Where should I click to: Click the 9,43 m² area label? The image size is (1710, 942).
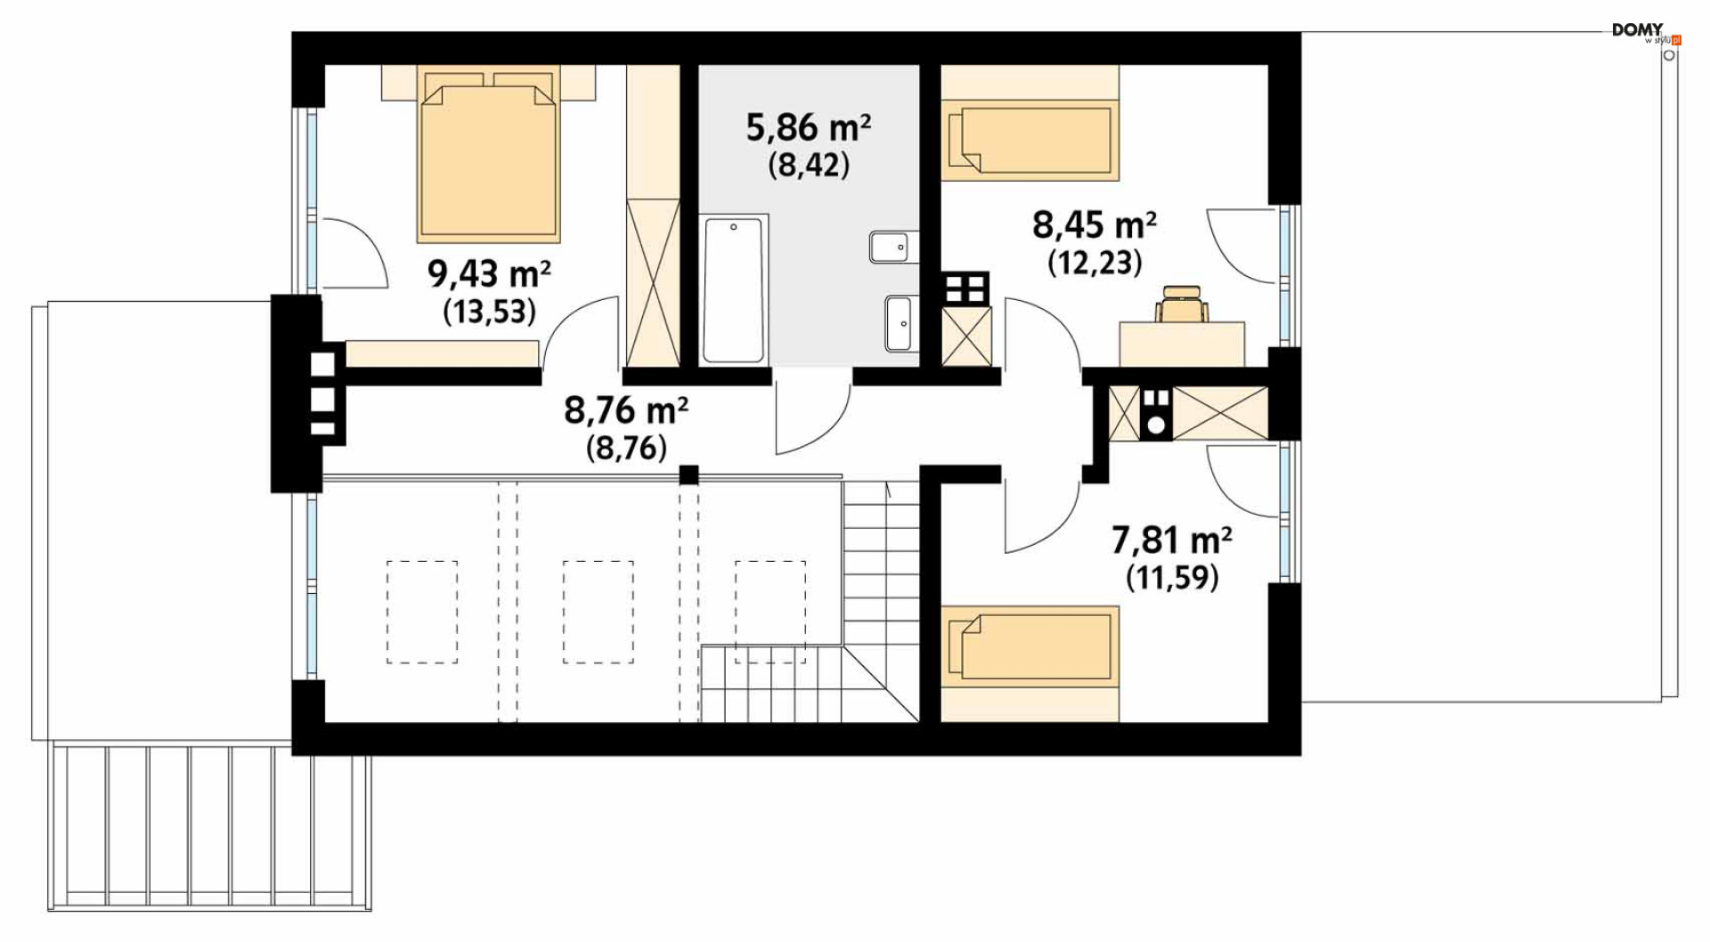click(x=489, y=273)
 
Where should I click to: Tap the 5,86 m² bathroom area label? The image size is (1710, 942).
click(x=808, y=128)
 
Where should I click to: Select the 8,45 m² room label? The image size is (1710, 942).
click(x=1095, y=225)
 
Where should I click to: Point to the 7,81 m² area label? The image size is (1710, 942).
click(x=1172, y=540)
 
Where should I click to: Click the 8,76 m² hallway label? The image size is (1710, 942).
click(x=626, y=411)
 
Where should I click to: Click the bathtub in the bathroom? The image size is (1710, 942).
click(x=733, y=289)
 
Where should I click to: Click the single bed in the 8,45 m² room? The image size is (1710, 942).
click(x=1030, y=139)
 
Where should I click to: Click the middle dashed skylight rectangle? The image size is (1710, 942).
click(x=598, y=613)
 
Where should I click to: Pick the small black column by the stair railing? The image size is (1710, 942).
click(x=688, y=475)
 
